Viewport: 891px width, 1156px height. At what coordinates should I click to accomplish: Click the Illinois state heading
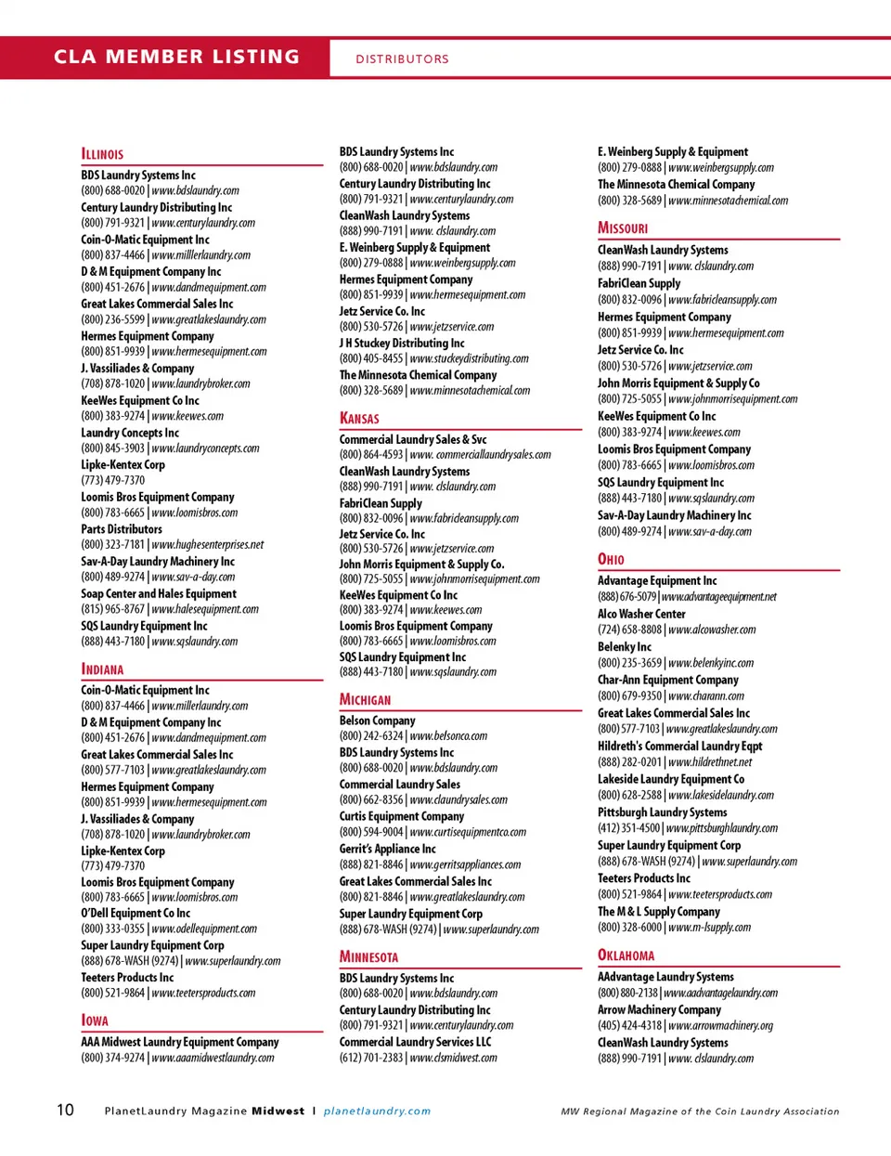(x=102, y=154)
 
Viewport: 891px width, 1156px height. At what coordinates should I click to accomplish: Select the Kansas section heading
(x=359, y=419)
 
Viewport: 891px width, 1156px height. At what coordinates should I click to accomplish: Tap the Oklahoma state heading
(x=626, y=955)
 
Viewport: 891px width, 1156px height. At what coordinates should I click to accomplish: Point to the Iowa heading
(x=95, y=1020)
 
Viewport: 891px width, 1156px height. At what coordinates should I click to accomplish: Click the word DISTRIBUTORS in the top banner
(x=402, y=58)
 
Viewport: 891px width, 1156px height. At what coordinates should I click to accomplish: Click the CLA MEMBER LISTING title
(x=176, y=57)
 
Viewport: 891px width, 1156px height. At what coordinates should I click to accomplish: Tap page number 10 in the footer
(x=65, y=1110)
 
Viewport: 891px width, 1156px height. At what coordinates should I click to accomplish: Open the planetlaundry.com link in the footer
(x=377, y=1111)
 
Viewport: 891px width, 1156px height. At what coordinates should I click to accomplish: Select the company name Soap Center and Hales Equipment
(x=158, y=593)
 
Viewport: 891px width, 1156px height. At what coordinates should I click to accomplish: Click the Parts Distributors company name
(x=121, y=529)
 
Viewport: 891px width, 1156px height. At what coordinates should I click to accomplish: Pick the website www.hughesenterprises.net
(x=208, y=545)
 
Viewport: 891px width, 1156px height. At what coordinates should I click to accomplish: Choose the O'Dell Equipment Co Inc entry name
(x=136, y=914)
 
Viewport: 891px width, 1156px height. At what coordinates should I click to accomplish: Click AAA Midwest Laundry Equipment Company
(x=179, y=1042)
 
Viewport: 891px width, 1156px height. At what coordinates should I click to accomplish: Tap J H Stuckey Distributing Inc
(x=402, y=343)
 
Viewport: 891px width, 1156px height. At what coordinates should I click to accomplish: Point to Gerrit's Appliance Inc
(x=387, y=849)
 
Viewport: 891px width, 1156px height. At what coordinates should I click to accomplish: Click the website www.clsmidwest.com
(x=453, y=1058)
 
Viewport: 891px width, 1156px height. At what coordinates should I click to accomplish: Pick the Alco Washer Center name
(x=641, y=614)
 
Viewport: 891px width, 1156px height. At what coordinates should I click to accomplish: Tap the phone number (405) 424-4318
(x=629, y=1026)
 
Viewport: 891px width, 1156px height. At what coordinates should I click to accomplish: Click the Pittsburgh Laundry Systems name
(x=662, y=812)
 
